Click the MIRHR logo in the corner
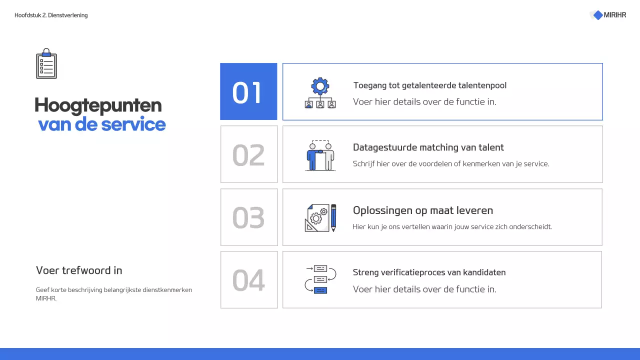coord(608,15)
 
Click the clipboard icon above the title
coord(46,64)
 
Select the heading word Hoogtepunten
coord(98,105)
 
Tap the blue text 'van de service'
coord(102,124)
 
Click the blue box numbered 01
coord(248,92)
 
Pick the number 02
coord(248,155)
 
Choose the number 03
coord(248,217)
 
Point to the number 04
coord(248,280)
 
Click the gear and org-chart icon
coord(320,92)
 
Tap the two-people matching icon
coord(320,155)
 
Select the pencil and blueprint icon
coord(320,218)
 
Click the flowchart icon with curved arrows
coord(320,279)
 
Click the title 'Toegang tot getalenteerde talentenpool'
coord(429,85)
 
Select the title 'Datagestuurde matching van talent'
coord(428,147)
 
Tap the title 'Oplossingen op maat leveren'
coord(423,210)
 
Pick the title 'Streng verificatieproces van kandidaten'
coord(429,272)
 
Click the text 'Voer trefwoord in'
coord(79,270)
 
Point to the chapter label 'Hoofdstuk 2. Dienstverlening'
coord(51,15)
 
